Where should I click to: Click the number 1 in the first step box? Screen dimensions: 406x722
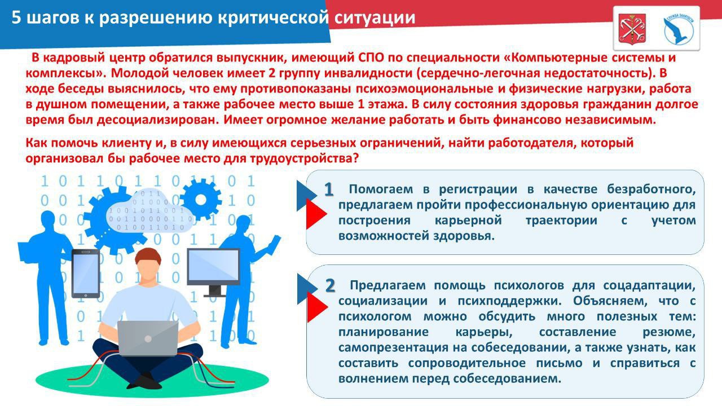tap(328, 190)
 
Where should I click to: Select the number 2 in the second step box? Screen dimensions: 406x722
tap(330, 286)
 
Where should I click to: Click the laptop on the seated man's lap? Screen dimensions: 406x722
tap(148, 337)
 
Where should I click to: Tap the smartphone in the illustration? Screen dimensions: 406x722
tap(86, 273)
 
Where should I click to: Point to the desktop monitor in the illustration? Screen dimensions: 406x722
tap(213, 268)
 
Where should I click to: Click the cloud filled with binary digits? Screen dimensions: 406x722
tap(149, 211)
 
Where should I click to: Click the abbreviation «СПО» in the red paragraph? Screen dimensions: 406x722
tap(371, 58)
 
